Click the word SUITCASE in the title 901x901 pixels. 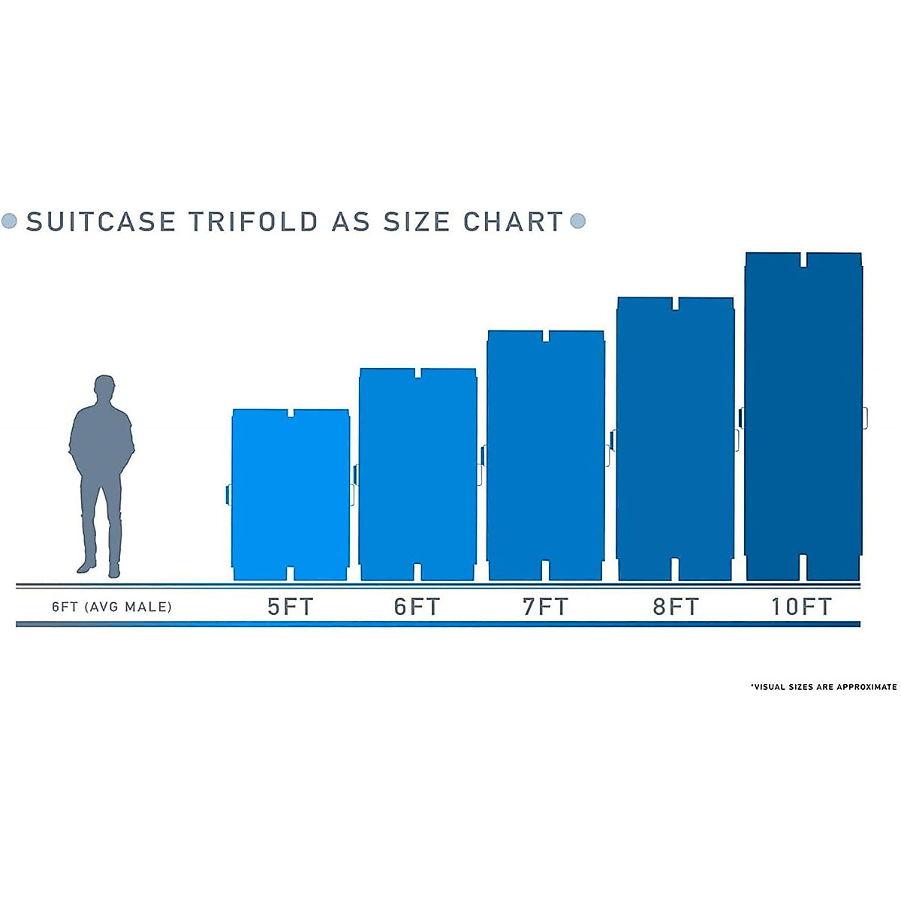101,221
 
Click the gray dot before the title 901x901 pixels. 10,221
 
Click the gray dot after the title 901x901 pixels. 577,221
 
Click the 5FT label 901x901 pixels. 290,607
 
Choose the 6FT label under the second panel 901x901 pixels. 417,607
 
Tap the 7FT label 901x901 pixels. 545,607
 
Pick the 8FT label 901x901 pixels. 675,607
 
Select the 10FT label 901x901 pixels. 802,607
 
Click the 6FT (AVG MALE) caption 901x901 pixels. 112,607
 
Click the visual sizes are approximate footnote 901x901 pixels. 824,687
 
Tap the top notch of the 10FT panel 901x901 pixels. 803,260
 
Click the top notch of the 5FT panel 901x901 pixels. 291,414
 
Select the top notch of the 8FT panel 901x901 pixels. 675,303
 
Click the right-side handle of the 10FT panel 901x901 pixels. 865,418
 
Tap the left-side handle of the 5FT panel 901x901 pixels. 228,494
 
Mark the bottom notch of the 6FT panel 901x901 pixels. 417,571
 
